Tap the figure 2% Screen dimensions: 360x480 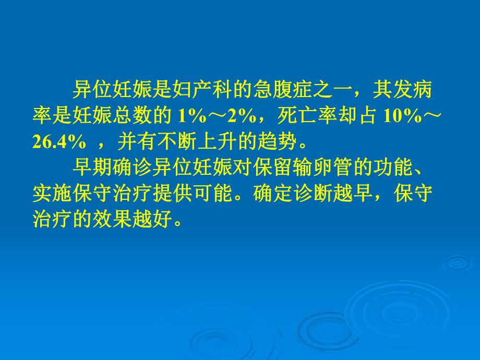pos(237,116)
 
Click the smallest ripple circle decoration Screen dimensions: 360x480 pos(458,261)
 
